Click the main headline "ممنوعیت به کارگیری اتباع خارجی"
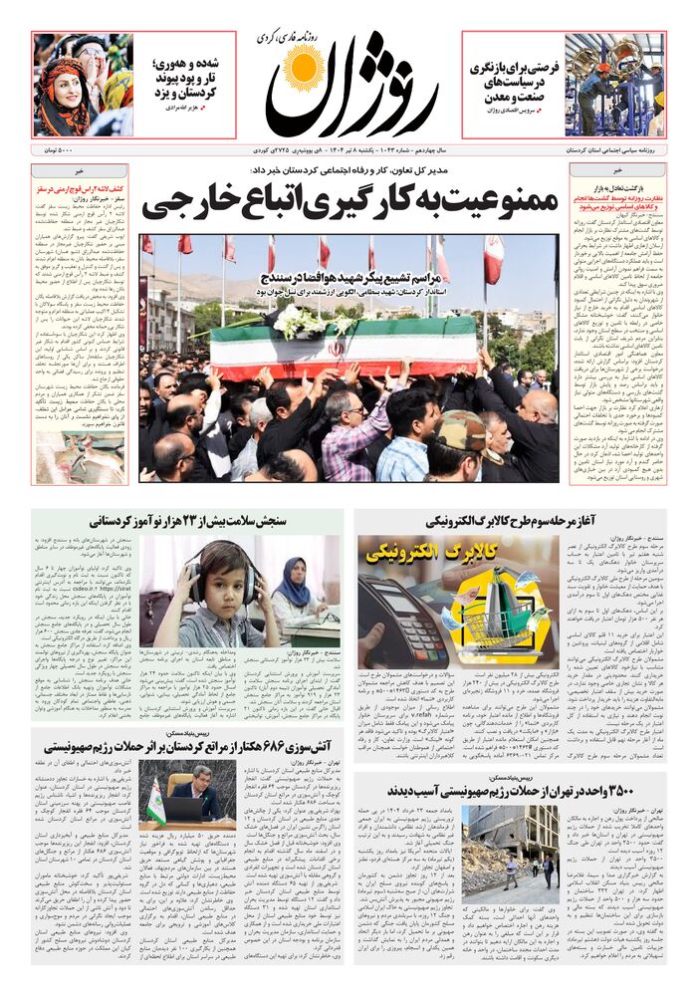348,204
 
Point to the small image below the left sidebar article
66,451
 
